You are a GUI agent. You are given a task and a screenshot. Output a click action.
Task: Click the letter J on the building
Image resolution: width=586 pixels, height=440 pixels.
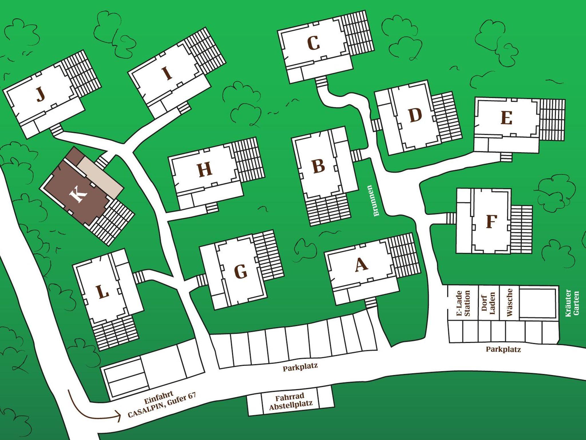(41, 94)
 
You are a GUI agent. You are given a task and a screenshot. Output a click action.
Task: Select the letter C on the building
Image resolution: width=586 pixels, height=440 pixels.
(314, 43)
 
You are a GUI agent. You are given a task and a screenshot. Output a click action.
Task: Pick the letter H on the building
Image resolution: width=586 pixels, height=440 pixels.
(205, 169)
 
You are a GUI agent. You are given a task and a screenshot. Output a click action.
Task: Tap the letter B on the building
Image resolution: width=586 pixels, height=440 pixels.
(319, 166)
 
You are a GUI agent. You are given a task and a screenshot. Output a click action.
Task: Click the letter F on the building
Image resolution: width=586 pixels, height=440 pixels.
(491, 221)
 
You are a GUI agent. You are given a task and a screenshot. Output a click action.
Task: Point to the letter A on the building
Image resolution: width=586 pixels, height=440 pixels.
(361, 264)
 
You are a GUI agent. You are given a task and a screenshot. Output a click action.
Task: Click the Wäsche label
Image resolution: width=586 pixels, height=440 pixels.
(509, 302)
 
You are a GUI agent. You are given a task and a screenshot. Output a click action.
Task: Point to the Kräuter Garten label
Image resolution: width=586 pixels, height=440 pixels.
(572, 303)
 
